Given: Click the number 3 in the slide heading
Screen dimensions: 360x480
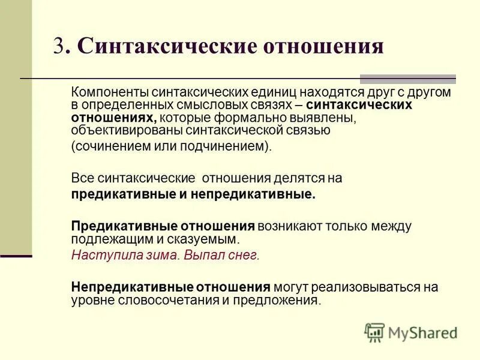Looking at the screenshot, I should [58, 46].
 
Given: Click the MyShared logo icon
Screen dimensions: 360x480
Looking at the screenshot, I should [374, 332].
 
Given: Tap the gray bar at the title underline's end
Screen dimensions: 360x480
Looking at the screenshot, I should [407, 79].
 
